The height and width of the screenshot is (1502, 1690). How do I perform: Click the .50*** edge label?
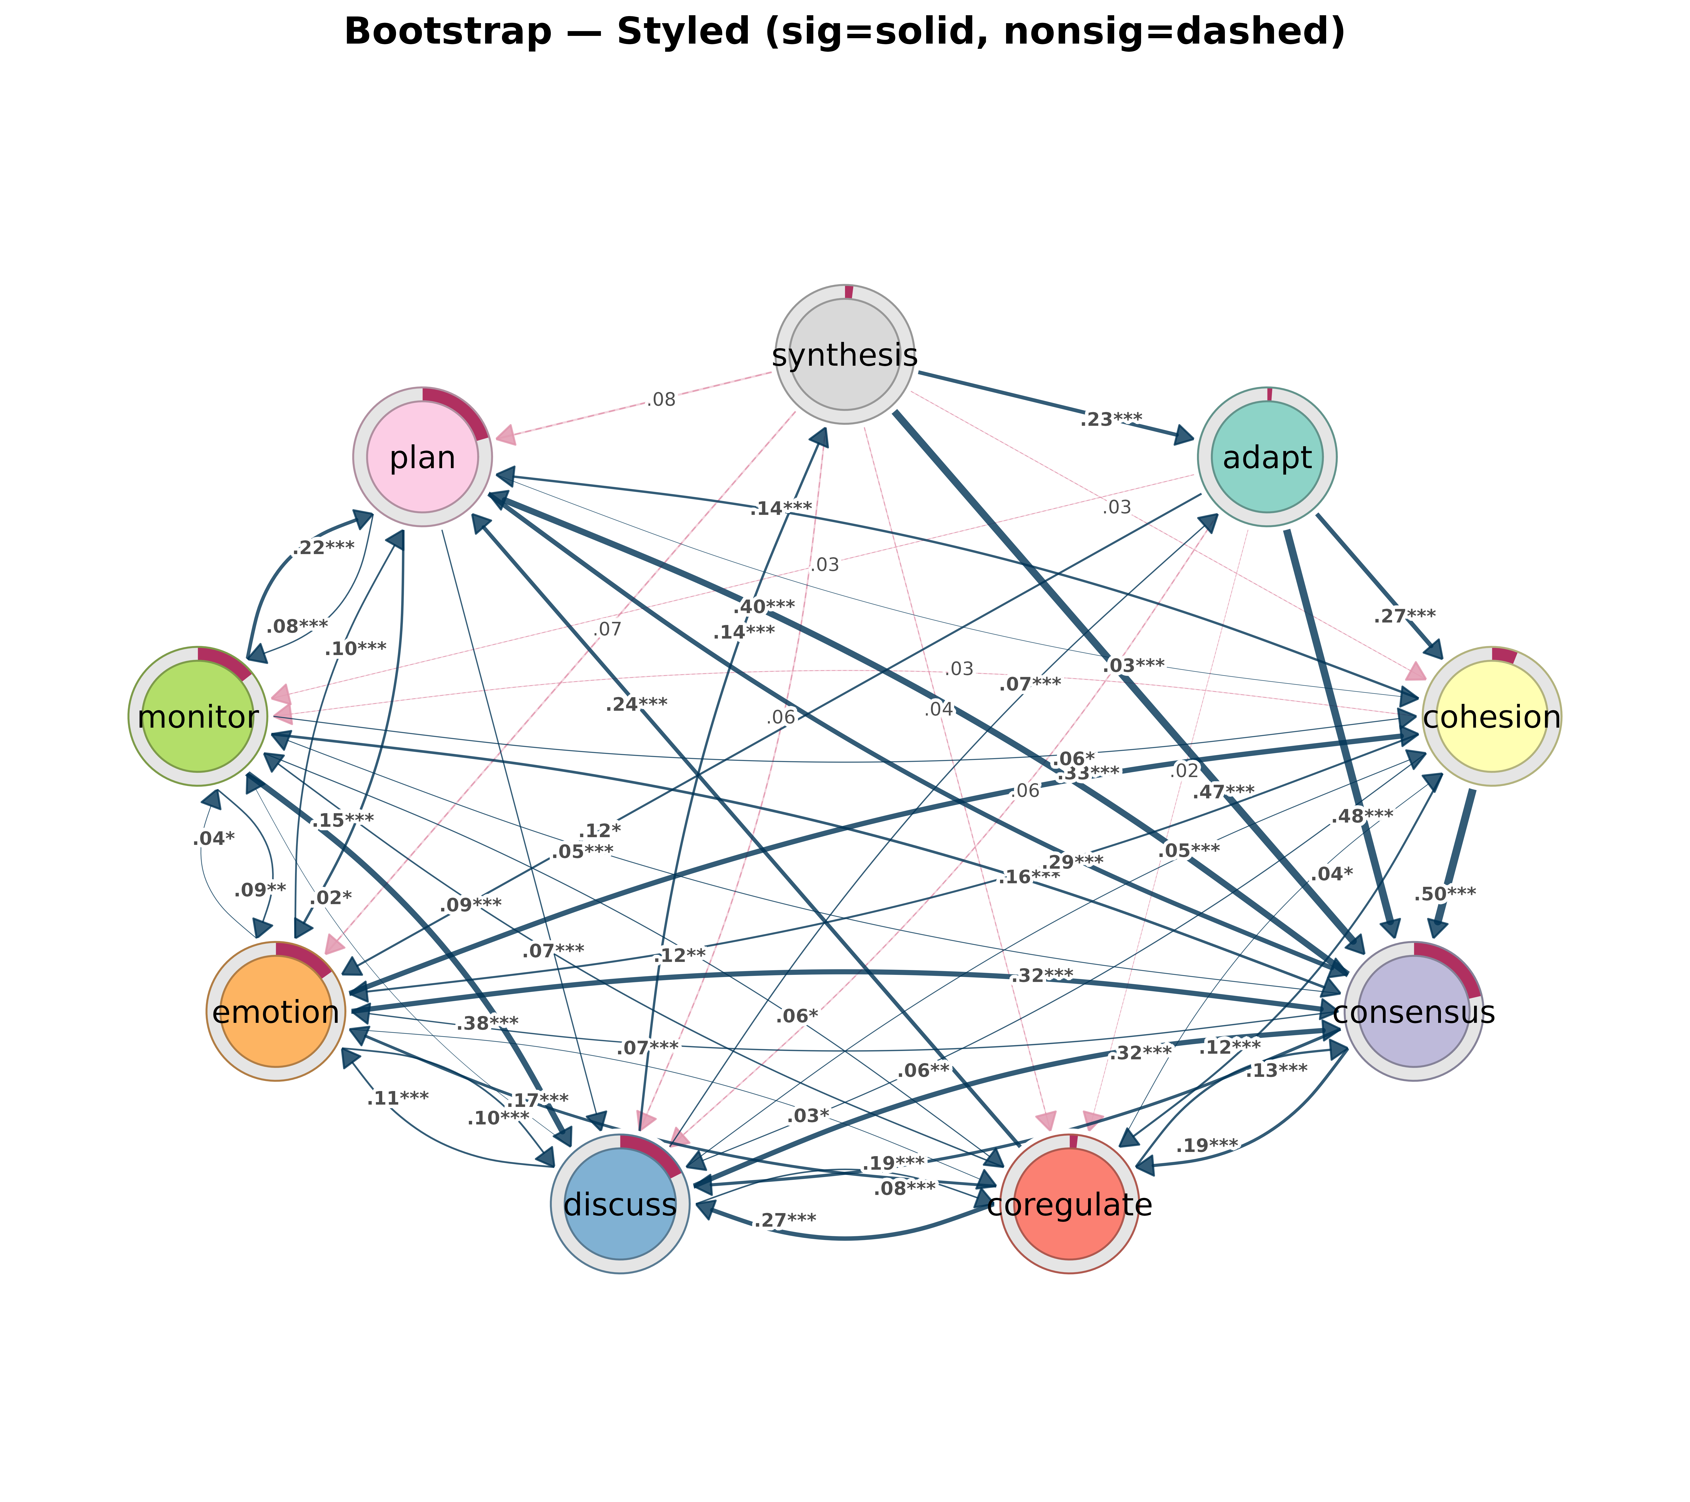click(1444, 894)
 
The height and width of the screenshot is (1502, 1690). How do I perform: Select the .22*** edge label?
click(323, 547)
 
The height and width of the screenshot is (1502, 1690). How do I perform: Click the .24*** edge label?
click(636, 704)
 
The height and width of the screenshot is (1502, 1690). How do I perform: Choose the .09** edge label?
click(260, 890)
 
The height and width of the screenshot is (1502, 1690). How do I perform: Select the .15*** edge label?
click(342, 821)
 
